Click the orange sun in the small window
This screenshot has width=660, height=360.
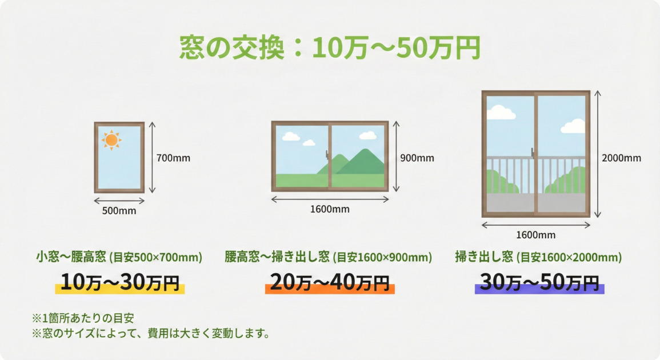[111, 139]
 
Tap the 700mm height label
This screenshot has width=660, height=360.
[173, 158]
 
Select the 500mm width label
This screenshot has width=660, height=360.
[119, 211]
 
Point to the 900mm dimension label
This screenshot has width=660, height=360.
[417, 158]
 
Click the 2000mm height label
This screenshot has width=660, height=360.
[621, 158]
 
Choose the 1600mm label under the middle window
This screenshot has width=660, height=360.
[330, 209]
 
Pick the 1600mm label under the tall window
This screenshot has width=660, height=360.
[535, 235]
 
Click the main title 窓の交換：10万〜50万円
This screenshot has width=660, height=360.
[330, 48]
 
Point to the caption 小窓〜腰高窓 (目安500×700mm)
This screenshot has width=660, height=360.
[119, 257]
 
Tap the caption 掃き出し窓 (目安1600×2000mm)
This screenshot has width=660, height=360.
[538, 257]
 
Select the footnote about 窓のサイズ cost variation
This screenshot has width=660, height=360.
[150, 333]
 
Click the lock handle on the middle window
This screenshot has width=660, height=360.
[327, 154]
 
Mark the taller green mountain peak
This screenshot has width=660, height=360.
[361, 152]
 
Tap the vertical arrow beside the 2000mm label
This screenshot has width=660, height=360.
[597, 154]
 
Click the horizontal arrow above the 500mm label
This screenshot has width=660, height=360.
[119, 201]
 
